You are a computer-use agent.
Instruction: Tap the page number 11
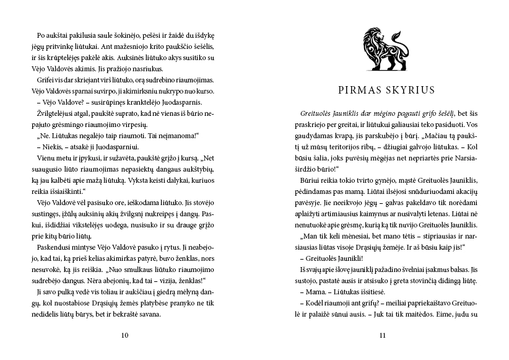click(x=383, y=336)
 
